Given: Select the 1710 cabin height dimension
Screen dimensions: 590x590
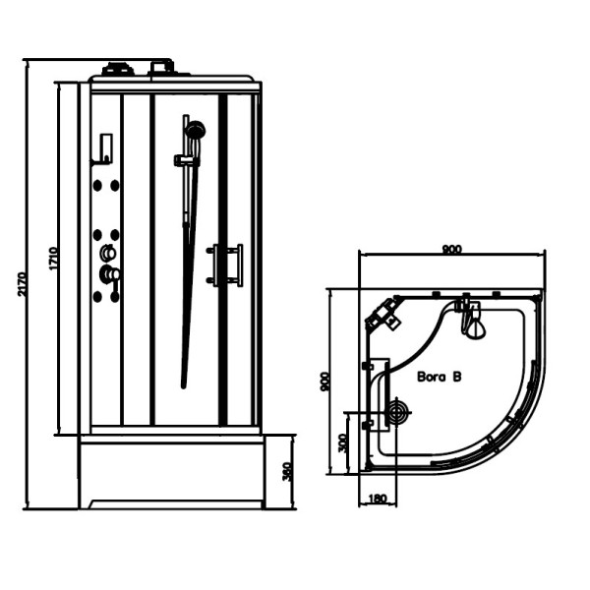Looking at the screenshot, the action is [x=53, y=258].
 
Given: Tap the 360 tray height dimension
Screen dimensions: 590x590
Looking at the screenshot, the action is [x=287, y=471].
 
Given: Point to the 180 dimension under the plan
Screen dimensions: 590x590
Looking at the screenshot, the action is [x=377, y=499].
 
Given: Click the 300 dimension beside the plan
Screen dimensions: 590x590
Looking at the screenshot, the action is [x=342, y=443].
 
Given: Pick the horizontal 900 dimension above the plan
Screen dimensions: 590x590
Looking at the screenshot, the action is [x=451, y=249].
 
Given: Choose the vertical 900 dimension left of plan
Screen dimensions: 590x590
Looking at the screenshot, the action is [x=324, y=382].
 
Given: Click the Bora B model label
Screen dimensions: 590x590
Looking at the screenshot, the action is [x=440, y=377].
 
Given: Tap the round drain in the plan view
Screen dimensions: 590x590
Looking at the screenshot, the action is [x=398, y=412].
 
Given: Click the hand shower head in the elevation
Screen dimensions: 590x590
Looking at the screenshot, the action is [x=196, y=129].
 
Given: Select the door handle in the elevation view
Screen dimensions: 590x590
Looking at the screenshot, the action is [x=224, y=265].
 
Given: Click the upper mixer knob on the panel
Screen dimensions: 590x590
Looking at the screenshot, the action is [x=108, y=253].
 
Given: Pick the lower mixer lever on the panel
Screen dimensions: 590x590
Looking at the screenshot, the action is [x=109, y=274].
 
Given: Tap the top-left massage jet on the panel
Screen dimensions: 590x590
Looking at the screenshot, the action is [x=97, y=185].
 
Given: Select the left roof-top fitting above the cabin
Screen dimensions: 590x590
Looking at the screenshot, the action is [x=117, y=69].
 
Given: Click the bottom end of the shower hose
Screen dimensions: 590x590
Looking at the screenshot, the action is [x=184, y=385].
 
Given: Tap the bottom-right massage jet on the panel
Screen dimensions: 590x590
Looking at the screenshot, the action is [x=115, y=297].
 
